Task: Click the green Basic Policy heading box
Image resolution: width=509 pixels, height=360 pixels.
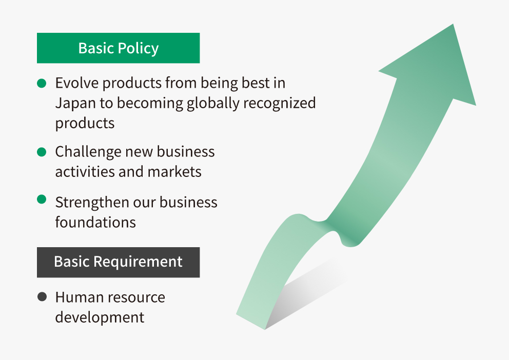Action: tap(118, 48)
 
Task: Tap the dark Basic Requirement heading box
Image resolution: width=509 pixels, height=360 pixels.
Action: tap(118, 263)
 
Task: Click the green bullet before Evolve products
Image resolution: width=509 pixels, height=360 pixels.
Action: tap(42, 84)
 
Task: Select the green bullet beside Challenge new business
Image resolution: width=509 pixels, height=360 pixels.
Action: tap(42, 152)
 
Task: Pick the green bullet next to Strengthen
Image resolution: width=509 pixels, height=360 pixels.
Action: tap(42, 199)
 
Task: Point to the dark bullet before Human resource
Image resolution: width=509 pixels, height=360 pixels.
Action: tap(42, 297)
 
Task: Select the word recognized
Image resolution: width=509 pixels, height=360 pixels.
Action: tap(279, 104)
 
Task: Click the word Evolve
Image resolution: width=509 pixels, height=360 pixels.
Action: tap(76, 83)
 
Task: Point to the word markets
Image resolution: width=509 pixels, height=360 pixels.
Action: tap(174, 172)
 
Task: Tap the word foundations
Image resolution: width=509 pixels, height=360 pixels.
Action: tap(95, 223)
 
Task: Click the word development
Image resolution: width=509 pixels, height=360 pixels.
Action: tap(100, 317)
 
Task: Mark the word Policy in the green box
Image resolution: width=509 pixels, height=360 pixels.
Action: tap(139, 49)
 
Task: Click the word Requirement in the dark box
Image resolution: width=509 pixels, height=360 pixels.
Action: tap(138, 262)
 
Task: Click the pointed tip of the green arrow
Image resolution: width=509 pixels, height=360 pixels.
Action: tap(453, 24)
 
